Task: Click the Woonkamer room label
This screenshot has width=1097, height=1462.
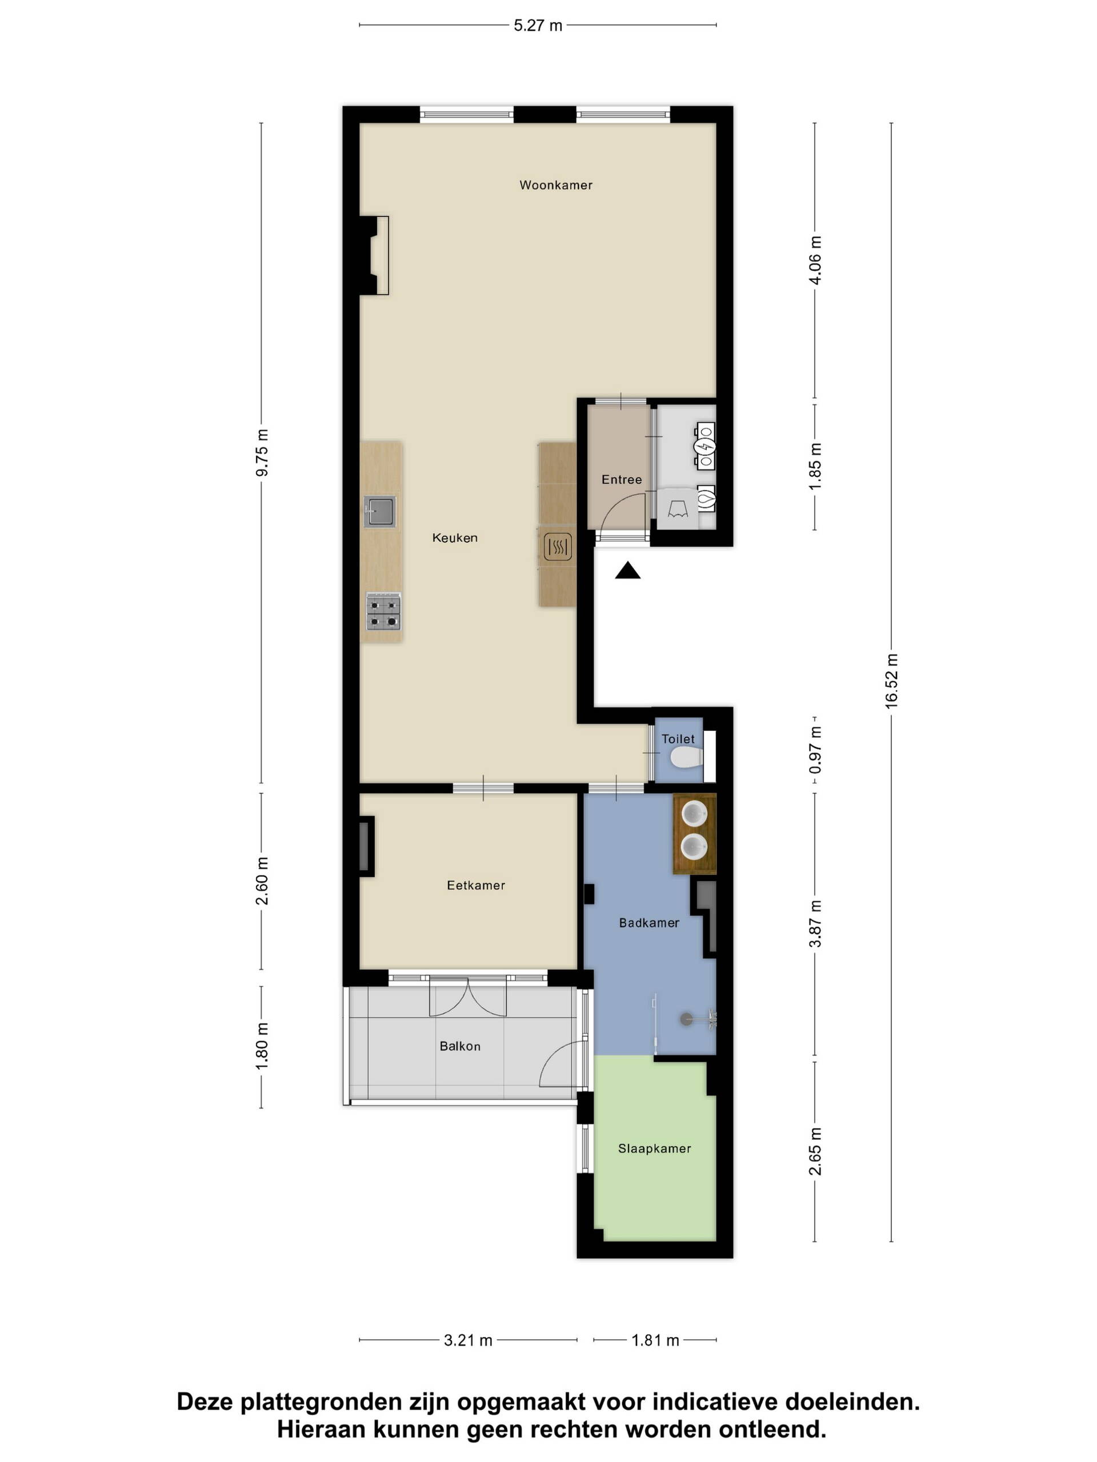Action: point(555,185)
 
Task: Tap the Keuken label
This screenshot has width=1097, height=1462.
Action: point(455,538)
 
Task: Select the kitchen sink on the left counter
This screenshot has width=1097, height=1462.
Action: point(380,512)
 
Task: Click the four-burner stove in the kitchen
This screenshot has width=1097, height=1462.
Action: point(383,612)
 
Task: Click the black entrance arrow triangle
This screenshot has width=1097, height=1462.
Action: point(627,571)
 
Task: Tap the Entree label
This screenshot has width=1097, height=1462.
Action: point(622,480)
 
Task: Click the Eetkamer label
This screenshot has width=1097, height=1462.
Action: point(476,885)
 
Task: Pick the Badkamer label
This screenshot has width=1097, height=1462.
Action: point(648,923)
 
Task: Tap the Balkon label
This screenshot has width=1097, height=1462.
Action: point(460,1046)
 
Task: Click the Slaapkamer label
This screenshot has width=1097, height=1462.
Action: point(655,1148)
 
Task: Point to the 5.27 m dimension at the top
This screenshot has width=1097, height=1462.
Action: point(538,25)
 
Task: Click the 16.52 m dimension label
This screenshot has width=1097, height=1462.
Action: point(891,681)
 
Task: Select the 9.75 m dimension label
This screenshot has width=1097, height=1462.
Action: point(262,452)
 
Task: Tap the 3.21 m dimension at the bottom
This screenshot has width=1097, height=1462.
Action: point(468,1340)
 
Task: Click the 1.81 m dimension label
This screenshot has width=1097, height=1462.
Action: point(655,1340)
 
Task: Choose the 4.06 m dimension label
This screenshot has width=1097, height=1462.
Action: point(815,260)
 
